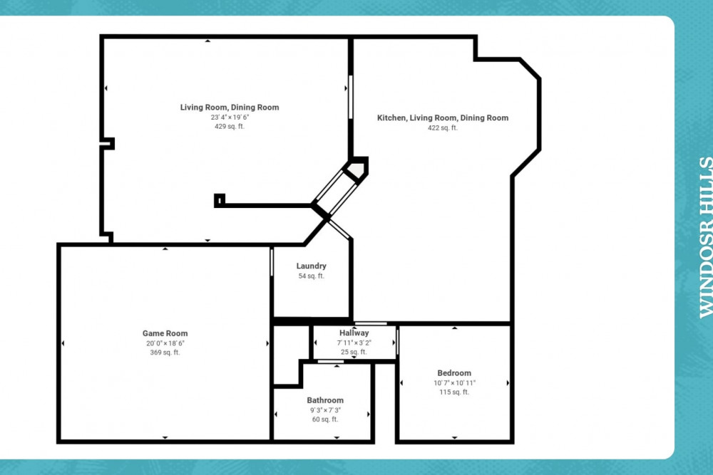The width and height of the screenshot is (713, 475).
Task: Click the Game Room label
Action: coord(165,333)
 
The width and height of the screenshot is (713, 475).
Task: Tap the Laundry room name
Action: coord(311,266)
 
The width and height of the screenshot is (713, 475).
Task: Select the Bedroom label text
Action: coord(454,373)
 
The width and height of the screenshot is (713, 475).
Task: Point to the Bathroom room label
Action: coord(325,400)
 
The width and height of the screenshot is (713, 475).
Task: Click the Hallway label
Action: coord(354,333)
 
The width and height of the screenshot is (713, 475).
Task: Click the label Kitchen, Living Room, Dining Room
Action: coord(443,118)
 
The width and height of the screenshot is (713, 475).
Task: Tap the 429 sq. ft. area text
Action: coord(230,127)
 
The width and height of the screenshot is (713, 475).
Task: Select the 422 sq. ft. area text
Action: coord(443,128)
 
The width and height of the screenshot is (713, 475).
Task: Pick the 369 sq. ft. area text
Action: coord(165,353)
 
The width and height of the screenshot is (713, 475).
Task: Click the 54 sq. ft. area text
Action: coord(311,276)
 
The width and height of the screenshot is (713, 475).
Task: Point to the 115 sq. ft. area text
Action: coord(454,392)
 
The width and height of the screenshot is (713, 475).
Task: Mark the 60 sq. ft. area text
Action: coord(325,419)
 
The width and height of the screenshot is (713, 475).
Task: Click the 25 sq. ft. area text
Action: coord(354,352)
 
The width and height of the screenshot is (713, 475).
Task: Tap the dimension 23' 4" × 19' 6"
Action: coord(230,118)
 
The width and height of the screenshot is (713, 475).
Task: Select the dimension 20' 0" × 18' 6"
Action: coord(165,343)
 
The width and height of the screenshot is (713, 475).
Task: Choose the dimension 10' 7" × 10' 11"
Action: coord(454,383)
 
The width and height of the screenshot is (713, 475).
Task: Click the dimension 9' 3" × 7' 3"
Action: coord(325,410)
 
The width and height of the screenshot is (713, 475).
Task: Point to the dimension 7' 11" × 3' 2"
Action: coord(354,343)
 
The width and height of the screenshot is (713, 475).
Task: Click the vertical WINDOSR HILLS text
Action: coord(705,237)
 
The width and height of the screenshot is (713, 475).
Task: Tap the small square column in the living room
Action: coord(220,200)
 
